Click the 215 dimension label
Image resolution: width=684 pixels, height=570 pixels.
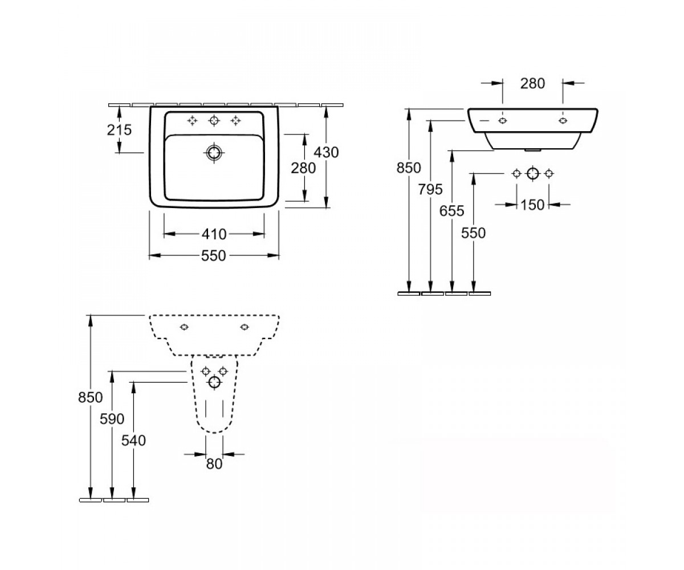[x=119, y=130]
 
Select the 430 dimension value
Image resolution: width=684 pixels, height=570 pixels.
[x=326, y=152]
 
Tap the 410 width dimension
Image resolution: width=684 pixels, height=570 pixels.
[x=214, y=234]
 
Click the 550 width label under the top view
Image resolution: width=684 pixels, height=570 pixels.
[x=214, y=256]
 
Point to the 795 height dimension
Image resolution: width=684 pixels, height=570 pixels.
[x=430, y=189]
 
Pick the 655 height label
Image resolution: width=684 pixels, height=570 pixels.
[x=452, y=211]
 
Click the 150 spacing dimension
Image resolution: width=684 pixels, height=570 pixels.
[x=532, y=205]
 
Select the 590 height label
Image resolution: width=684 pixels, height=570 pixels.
[x=112, y=419]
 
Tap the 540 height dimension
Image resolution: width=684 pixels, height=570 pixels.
[x=133, y=441]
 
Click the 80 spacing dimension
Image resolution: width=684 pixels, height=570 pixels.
[x=214, y=464]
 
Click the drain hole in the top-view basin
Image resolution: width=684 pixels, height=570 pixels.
[x=214, y=152]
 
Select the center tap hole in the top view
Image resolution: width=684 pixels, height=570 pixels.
[x=214, y=121]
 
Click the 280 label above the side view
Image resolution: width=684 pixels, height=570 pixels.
[x=532, y=84]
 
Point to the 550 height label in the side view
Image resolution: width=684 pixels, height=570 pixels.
[x=473, y=233]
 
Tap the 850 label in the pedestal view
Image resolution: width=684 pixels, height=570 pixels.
[x=91, y=397]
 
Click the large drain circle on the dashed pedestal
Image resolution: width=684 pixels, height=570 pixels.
[x=214, y=382]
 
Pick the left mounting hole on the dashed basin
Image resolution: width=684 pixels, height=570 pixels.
[x=185, y=327]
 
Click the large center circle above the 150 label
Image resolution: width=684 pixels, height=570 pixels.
[x=532, y=173]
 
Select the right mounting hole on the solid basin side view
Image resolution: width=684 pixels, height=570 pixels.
[x=563, y=120]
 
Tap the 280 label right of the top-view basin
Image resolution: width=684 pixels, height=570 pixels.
[x=303, y=168]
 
